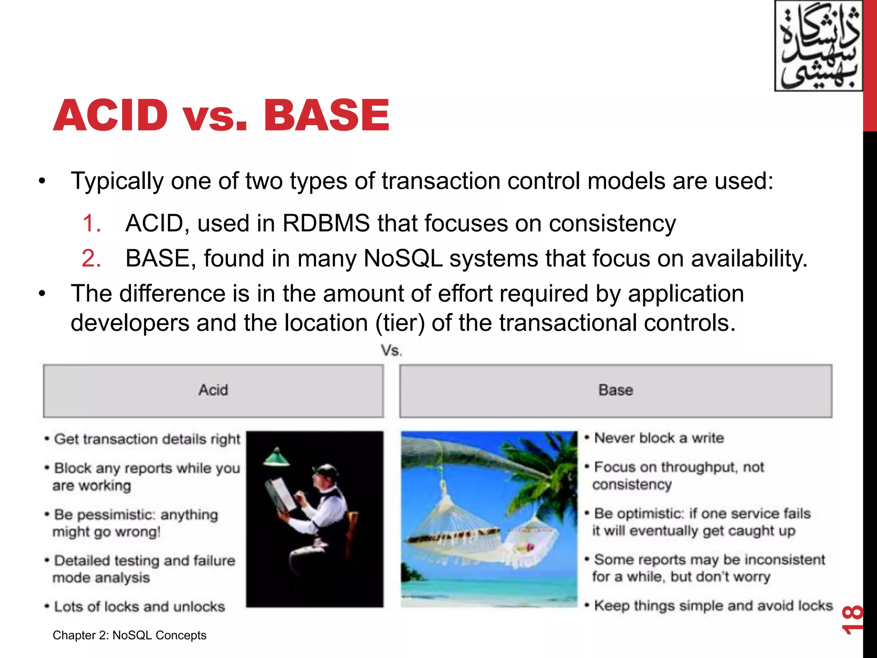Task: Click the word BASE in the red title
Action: pos(326,115)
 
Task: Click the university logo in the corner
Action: pos(818,46)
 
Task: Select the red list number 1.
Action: pos(92,224)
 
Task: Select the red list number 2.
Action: pos(92,259)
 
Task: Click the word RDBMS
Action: pos(326,224)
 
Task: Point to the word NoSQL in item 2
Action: pos(403,259)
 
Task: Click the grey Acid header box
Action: pos(213,391)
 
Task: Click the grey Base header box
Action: pos(615,391)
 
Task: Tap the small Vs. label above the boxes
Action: pos(391,351)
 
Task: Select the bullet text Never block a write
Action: pos(659,438)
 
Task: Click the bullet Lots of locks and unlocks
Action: pos(139,607)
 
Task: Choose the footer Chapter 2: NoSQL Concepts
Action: pos(129,635)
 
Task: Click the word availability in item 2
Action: pos(749,259)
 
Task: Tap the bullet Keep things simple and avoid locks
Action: pos(713,606)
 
